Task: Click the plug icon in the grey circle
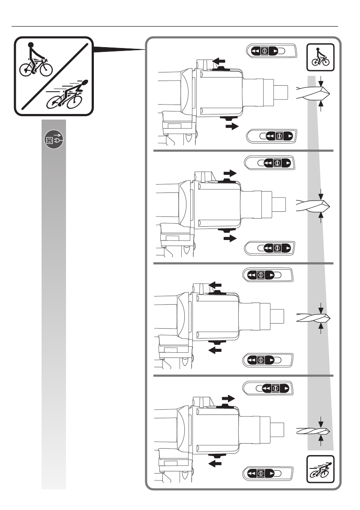click(x=54, y=140)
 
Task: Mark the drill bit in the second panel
click(x=312, y=205)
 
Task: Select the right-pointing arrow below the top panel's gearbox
click(x=231, y=126)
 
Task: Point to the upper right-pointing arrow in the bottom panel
click(x=228, y=398)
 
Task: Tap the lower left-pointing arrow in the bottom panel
click(x=216, y=463)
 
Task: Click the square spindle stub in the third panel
click(x=276, y=315)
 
